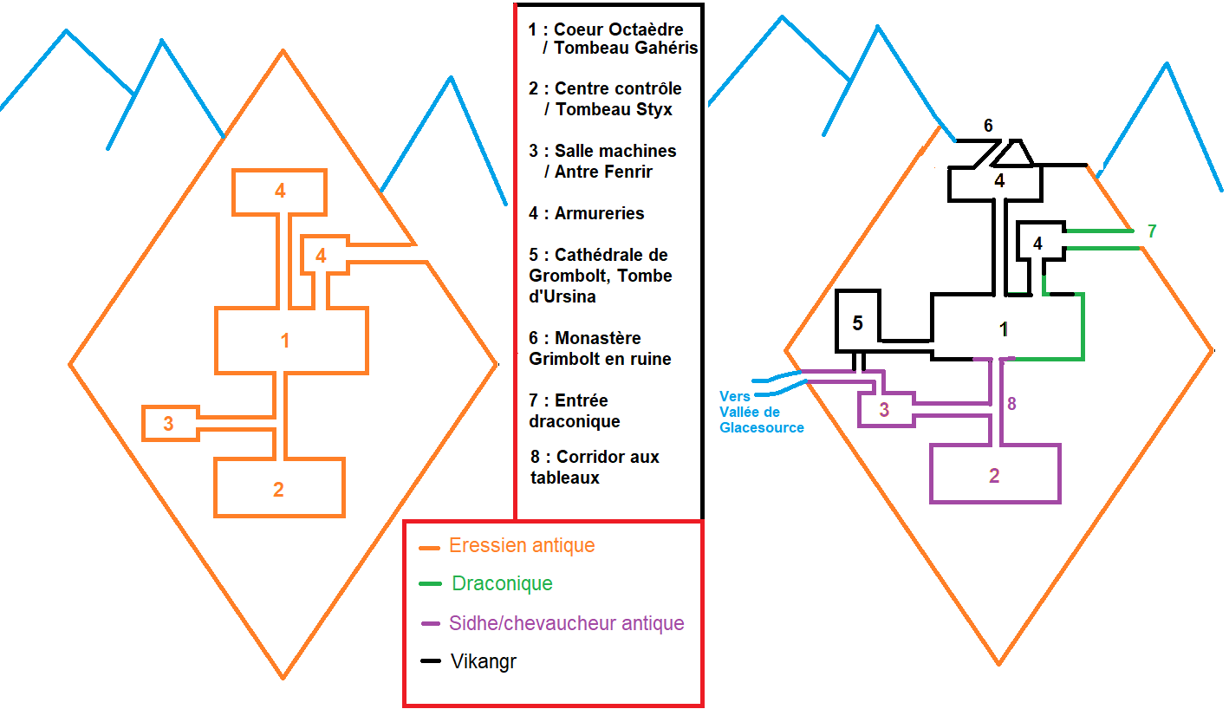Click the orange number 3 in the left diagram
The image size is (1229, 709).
pos(168,424)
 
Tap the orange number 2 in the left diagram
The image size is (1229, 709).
pos(278,490)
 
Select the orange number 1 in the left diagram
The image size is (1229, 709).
pos(285,341)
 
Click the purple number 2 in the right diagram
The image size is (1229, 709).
pos(994,475)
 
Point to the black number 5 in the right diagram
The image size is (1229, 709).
pos(857,323)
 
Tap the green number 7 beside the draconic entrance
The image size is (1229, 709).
pos(1152,231)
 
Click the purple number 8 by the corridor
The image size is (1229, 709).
pos(1011,403)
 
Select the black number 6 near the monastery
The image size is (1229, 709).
pos(988,126)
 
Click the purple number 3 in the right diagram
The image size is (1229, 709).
pos(884,410)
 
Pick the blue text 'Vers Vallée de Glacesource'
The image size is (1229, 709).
pos(761,412)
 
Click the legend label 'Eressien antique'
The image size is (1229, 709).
pos(522,546)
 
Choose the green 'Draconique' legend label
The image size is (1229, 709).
pos(502,583)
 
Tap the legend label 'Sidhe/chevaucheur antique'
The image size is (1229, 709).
pos(566,623)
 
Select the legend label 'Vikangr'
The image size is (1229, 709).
pos(484,661)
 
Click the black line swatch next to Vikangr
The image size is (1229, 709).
pos(431,661)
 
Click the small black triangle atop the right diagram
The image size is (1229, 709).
pos(1012,154)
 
